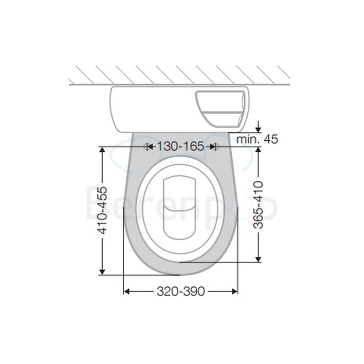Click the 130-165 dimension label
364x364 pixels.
180,146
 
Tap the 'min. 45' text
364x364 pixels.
257,139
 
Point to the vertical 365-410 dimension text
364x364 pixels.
259,205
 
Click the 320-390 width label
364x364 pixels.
180,291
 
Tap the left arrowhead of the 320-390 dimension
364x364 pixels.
127,291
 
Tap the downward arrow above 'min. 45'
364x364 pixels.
258,128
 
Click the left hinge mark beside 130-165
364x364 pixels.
146,146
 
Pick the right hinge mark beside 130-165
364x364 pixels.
214,146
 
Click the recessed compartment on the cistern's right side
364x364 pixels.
221,108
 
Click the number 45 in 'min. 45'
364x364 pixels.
270,139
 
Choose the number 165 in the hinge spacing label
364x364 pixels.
193,146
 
